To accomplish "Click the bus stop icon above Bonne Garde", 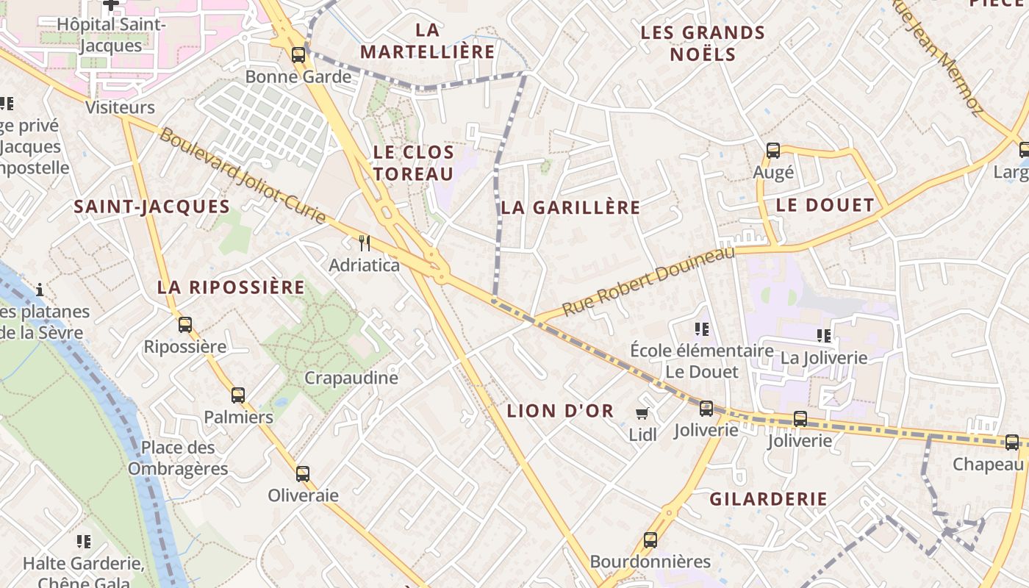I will point(298,54).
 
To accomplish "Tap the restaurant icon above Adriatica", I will point(364,243).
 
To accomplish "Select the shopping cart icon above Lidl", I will point(642,414).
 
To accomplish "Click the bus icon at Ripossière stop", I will point(185,324).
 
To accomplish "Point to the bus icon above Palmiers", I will point(238,395).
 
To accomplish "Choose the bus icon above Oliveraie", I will point(302,473).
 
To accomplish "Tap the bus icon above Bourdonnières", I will point(650,540).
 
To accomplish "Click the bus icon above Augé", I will point(773,151).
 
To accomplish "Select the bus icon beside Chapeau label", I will point(1012,442).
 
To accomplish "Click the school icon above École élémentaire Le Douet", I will point(701,329).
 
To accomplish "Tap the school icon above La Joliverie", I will point(824,336).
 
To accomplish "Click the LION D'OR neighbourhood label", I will point(560,411).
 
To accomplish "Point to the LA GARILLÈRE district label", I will point(570,207).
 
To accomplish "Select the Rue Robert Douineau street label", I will point(648,282).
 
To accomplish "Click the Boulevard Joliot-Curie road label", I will point(242,176).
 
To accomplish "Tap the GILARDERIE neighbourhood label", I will point(768,499).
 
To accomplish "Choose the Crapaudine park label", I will point(351,378).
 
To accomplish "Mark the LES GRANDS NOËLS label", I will point(703,43).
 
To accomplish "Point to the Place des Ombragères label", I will point(178,458).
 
